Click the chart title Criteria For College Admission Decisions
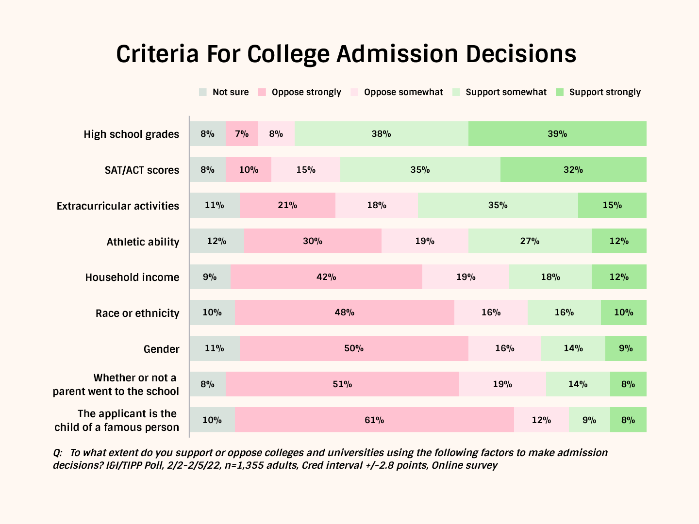pos(346,54)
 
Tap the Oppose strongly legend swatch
pos(262,92)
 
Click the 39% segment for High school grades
pos(557,134)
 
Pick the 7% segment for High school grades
pos(242,134)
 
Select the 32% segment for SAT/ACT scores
pos(573,170)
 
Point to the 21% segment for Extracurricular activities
pos(287,205)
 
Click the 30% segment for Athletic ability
pos(313,241)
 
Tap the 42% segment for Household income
pos(326,277)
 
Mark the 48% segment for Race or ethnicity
pos(344,312)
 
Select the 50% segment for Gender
pos(354,348)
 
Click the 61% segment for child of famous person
pos(374,420)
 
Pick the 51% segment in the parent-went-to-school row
pos(342,384)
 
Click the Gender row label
pos(161,349)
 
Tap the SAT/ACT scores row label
pos(142,170)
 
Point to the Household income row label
pos(132,278)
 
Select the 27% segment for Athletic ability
pos(530,241)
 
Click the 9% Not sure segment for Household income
pos(210,277)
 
